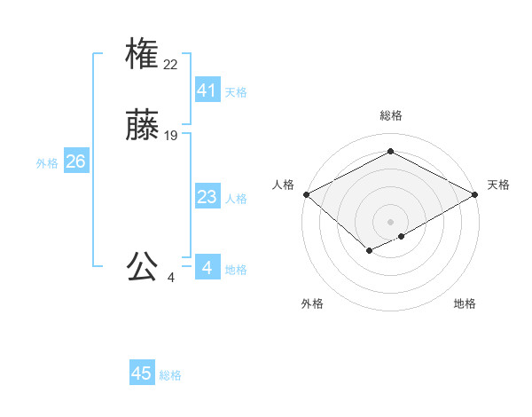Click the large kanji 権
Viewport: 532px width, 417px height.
[142, 54]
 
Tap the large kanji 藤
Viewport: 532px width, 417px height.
[142, 125]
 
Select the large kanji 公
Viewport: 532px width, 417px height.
[142, 266]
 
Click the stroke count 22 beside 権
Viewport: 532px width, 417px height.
[171, 64]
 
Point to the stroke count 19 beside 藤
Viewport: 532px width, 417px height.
[171, 136]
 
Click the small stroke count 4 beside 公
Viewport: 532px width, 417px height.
[171, 278]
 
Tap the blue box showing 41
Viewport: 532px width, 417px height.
[207, 90]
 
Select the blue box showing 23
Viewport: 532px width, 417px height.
[207, 196]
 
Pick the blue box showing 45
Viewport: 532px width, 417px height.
[142, 374]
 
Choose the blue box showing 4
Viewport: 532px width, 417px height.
[207, 267]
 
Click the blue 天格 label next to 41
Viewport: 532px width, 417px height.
[236, 92]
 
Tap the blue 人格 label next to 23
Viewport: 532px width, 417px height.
[236, 199]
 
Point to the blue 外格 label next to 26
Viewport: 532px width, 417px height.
[47, 163]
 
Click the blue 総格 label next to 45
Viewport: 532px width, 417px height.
[170, 376]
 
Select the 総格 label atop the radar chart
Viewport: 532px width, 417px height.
[391, 115]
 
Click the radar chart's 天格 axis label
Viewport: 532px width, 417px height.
[498, 185]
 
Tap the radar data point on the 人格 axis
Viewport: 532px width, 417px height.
[306, 194]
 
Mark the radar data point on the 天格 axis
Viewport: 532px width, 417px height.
[476, 194]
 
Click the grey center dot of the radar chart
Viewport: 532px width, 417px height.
[391, 222]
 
